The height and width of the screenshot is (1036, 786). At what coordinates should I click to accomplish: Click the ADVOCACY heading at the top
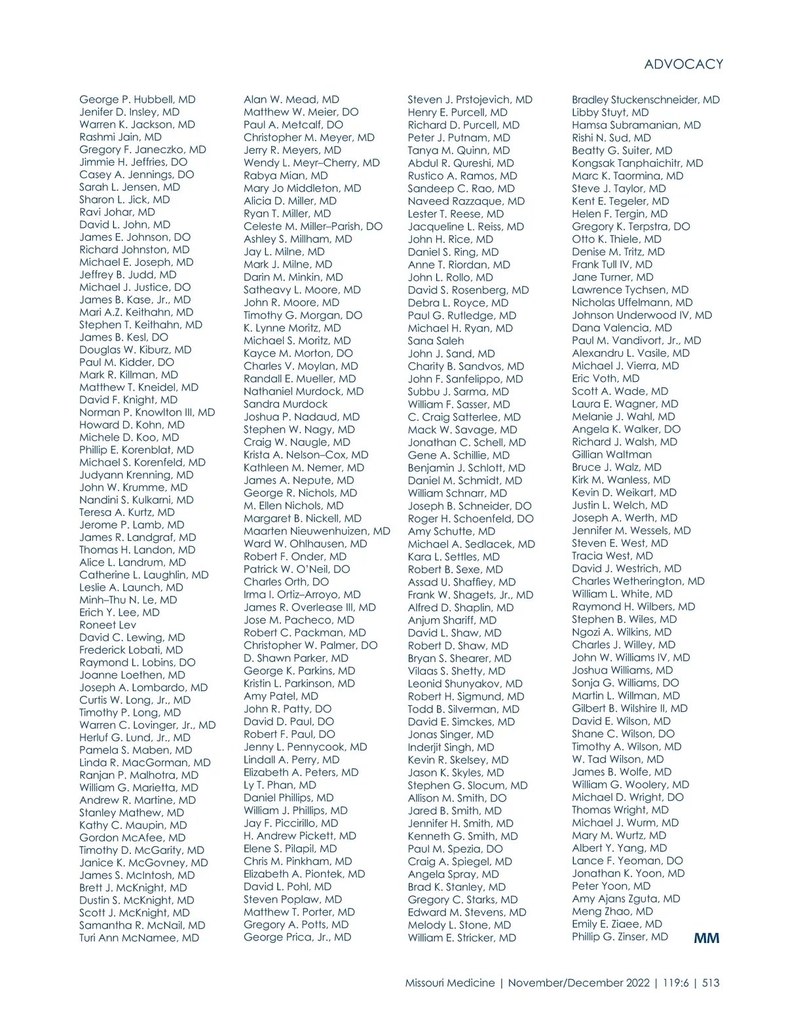pos(683,64)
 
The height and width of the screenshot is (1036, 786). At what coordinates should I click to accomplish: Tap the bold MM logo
pos(706,938)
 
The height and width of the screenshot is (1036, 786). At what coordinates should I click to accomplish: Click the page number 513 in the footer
pos(710,982)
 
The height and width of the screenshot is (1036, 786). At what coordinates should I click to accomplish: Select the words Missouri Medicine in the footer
pos(450,982)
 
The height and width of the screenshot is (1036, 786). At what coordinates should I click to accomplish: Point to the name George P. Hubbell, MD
pos(138,100)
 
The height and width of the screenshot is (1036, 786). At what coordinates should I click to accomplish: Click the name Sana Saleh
pos(436,341)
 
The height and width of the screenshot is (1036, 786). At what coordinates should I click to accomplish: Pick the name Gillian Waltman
pos(612,454)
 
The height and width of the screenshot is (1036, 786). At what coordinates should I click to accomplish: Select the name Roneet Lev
pos(107,625)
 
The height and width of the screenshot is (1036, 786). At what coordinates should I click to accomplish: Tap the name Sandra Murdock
pos(286,404)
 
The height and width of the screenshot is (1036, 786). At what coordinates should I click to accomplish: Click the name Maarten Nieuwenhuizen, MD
pos(316,531)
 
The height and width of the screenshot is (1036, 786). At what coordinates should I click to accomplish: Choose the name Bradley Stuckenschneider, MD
pos(645,100)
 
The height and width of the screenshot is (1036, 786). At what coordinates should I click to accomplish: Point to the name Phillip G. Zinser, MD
pos(620,936)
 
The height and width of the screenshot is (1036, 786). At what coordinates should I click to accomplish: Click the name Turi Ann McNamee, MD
pos(139,938)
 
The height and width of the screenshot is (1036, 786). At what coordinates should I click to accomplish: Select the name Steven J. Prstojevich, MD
pos(470,100)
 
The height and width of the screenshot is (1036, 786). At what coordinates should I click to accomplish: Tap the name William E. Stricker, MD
pos(462,938)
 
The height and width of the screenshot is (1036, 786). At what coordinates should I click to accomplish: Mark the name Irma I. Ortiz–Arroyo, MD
pos(302,595)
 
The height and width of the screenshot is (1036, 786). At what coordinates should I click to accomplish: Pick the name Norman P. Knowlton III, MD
pos(147,413)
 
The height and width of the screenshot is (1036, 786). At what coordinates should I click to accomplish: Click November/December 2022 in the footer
pos(578,982)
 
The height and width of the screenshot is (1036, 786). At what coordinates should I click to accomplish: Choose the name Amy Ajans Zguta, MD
pos(626,898)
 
